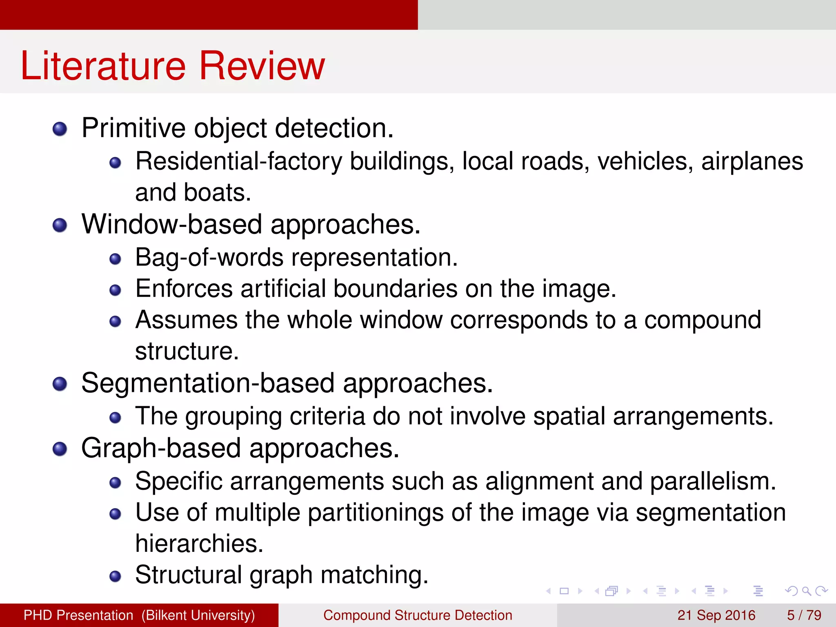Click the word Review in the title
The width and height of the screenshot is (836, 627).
pos(262,66)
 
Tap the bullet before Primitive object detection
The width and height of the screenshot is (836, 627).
pos(60,129)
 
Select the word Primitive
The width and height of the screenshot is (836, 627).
pos(133,128)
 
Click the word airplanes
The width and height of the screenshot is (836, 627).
pos(752,162)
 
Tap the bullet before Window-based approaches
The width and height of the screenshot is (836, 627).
pos(60,225)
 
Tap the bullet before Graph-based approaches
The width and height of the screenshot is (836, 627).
pos(60,449)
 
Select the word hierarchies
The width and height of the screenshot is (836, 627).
pos(199,544)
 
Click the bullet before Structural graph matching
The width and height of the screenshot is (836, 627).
pos(116,576)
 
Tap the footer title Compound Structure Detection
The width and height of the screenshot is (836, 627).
pos(418,615)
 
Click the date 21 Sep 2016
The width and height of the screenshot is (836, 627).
pos(716,615)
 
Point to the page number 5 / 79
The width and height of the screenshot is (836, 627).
pos(804,615)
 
